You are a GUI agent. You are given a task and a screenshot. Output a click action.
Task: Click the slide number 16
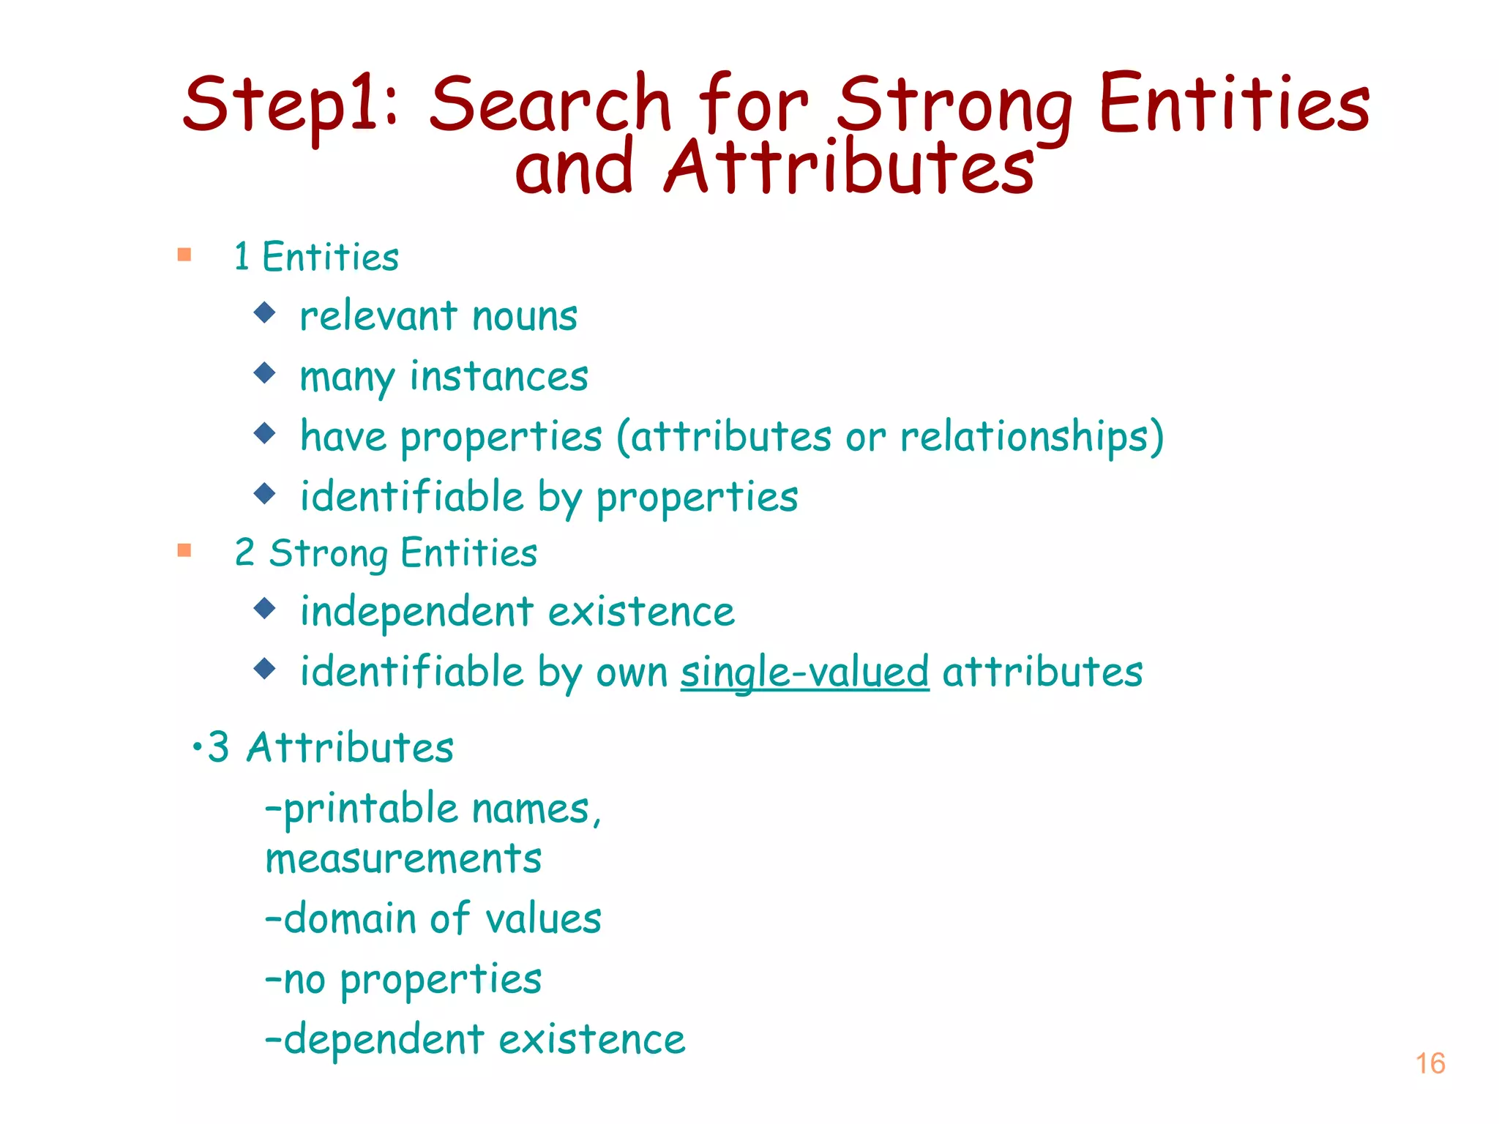(x=1429, y=1063)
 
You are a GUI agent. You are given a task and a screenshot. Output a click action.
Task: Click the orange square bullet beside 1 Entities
(x=184, y=255)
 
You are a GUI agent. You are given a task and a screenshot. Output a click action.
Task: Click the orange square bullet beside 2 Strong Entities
(x=184, y=550)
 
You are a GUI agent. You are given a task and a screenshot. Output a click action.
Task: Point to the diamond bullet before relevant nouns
(x=264, y=313)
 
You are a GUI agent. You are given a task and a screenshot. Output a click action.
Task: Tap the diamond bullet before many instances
(x=264, y=373)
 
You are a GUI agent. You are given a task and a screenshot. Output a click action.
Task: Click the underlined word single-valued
(x=804, y=672)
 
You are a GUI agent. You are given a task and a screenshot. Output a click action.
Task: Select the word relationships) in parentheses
(x=1031, y=437)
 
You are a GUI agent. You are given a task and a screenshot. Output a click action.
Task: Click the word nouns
(x=525, y=316)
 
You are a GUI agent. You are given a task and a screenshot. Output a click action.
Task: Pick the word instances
(x=498, y=377)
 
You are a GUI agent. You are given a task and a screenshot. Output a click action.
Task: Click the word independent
(x=416, y=611)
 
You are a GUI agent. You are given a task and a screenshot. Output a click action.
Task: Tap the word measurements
(x=403, y=858)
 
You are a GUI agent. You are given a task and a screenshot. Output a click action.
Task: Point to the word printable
(x=370, y=809)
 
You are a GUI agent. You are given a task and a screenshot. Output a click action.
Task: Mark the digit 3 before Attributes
(x=218, y=747)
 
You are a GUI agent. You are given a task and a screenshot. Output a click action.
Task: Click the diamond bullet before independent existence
(x=264, y=608)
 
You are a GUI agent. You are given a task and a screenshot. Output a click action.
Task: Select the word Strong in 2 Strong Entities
(x=328, y=553)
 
